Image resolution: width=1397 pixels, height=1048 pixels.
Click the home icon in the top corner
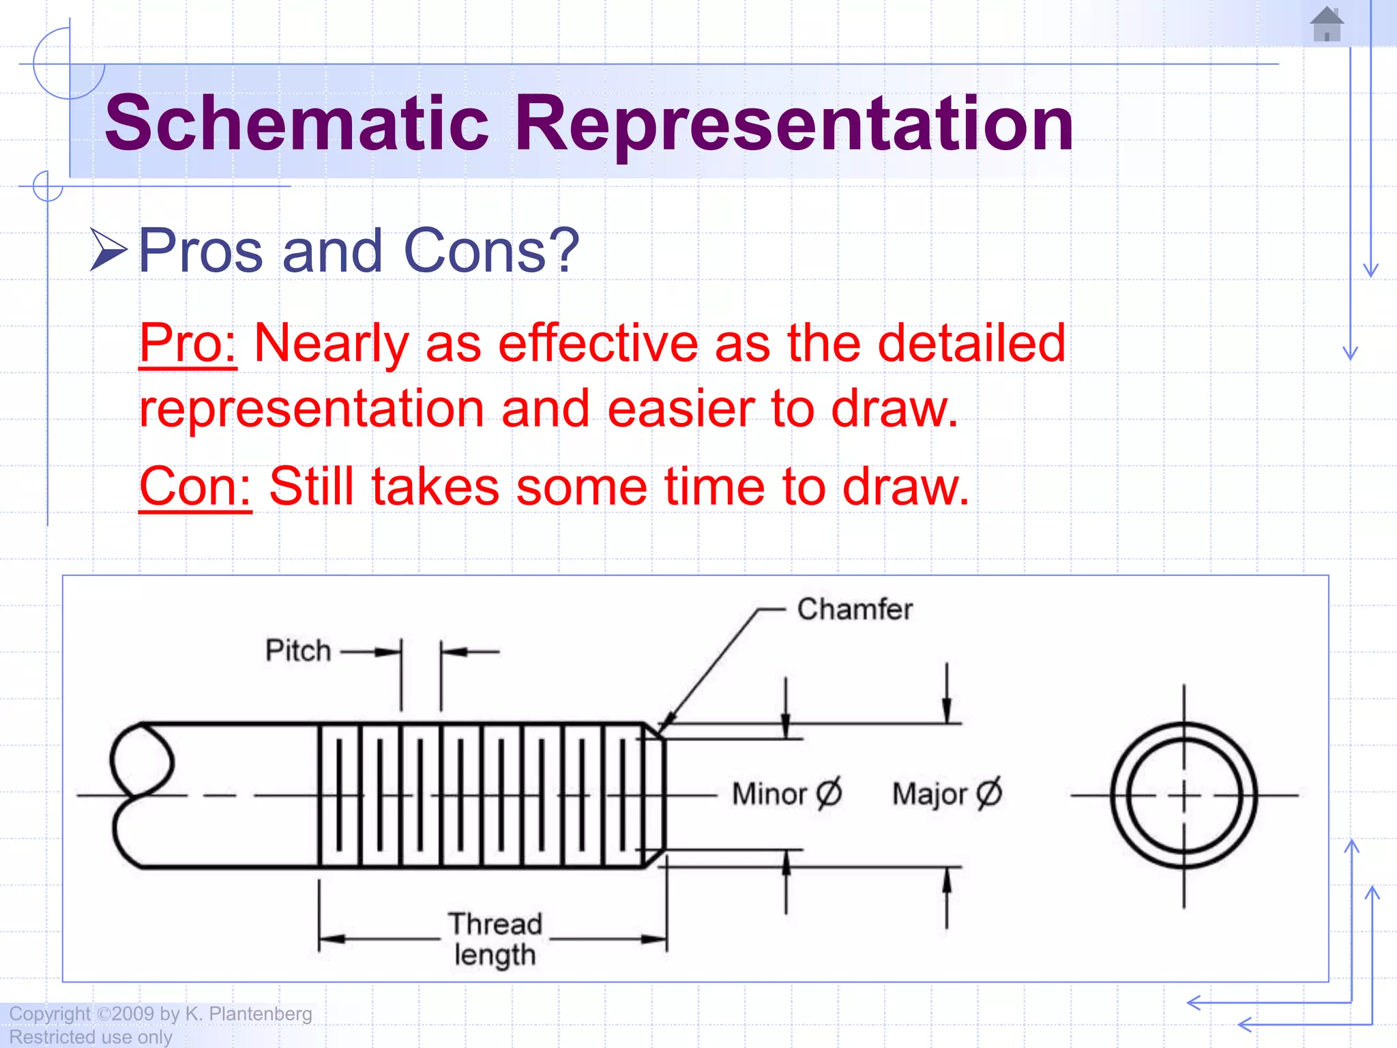(1327, 25)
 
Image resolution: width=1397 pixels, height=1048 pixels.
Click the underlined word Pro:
(188, 343)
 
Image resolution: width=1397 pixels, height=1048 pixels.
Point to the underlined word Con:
(195, 486)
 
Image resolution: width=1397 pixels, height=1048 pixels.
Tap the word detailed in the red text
(971, 343)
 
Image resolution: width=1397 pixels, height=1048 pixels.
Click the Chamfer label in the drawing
(854, 609)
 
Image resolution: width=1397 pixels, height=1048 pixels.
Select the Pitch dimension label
(298, 651)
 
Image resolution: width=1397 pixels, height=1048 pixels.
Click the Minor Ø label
(786, 794)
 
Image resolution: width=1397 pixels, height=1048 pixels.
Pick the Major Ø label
(947, 794)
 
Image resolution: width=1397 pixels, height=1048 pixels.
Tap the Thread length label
(495, 940)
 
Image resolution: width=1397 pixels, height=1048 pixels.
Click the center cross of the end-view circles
(1183, 796)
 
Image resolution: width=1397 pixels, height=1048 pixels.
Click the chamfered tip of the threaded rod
(655, 795)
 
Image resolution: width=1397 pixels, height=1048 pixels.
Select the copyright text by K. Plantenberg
(161, 1014)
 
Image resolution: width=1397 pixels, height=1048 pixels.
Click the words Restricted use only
(91, 1037)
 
